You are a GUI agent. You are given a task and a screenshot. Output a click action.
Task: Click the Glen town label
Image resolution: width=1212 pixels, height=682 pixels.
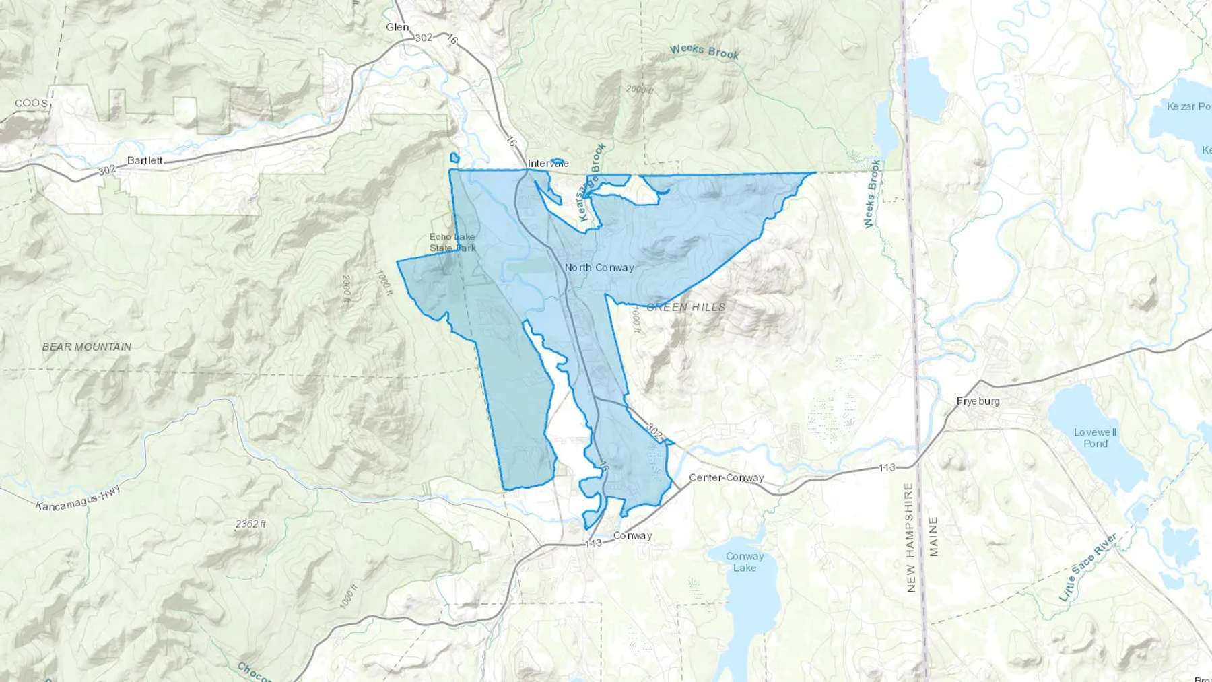(x=397, y=27)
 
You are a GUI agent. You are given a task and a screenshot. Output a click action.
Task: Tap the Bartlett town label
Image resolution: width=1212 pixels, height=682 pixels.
(x=145, y=160)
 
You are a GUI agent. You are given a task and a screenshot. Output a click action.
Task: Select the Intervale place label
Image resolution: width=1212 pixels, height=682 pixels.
(x=548, y=164)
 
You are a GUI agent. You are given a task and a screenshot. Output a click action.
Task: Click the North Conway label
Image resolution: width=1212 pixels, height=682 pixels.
(x=599, y=267)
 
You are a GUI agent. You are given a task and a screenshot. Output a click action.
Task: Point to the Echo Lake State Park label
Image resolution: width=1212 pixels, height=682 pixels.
(x=452, y=242)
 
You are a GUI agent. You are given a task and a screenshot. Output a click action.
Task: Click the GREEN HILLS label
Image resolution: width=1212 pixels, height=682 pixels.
(x=686, y=307)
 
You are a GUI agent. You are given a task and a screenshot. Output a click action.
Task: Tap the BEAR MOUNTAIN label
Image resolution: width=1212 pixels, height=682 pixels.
(x=87, y=347)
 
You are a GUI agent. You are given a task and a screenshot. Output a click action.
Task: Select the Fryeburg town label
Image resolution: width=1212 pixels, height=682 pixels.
(x=978, y=401)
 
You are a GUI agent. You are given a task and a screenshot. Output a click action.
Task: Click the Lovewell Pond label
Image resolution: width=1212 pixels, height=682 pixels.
(x=1095, y=438)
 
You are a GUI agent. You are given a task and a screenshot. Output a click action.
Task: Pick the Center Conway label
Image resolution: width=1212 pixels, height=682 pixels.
(x=726, y=478)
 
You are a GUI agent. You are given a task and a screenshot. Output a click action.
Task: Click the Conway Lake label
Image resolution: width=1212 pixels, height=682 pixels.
(x=745, y=561)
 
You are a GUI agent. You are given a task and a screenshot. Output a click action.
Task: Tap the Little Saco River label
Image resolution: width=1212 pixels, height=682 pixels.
(x=1088, y=567)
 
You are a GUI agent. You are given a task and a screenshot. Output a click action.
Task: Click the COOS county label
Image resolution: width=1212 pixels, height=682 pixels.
(x=32, y=103)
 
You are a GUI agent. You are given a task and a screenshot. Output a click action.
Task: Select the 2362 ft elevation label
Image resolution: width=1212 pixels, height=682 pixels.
(x=251, y=524)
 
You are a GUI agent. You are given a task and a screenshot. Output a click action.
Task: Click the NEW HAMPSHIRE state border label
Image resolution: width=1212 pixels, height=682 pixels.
(x=911, y=537)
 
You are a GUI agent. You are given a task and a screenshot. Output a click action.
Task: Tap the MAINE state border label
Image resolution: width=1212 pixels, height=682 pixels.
(x=933, y=537)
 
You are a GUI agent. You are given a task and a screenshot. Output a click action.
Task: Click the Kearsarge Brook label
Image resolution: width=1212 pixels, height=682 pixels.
(x=593, y=183)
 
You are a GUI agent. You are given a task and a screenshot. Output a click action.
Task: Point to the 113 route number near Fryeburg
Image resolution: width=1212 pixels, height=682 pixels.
(x=887, y=467)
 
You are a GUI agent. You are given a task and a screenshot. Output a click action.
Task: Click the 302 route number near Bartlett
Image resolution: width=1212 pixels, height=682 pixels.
(x=107, y=171)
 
